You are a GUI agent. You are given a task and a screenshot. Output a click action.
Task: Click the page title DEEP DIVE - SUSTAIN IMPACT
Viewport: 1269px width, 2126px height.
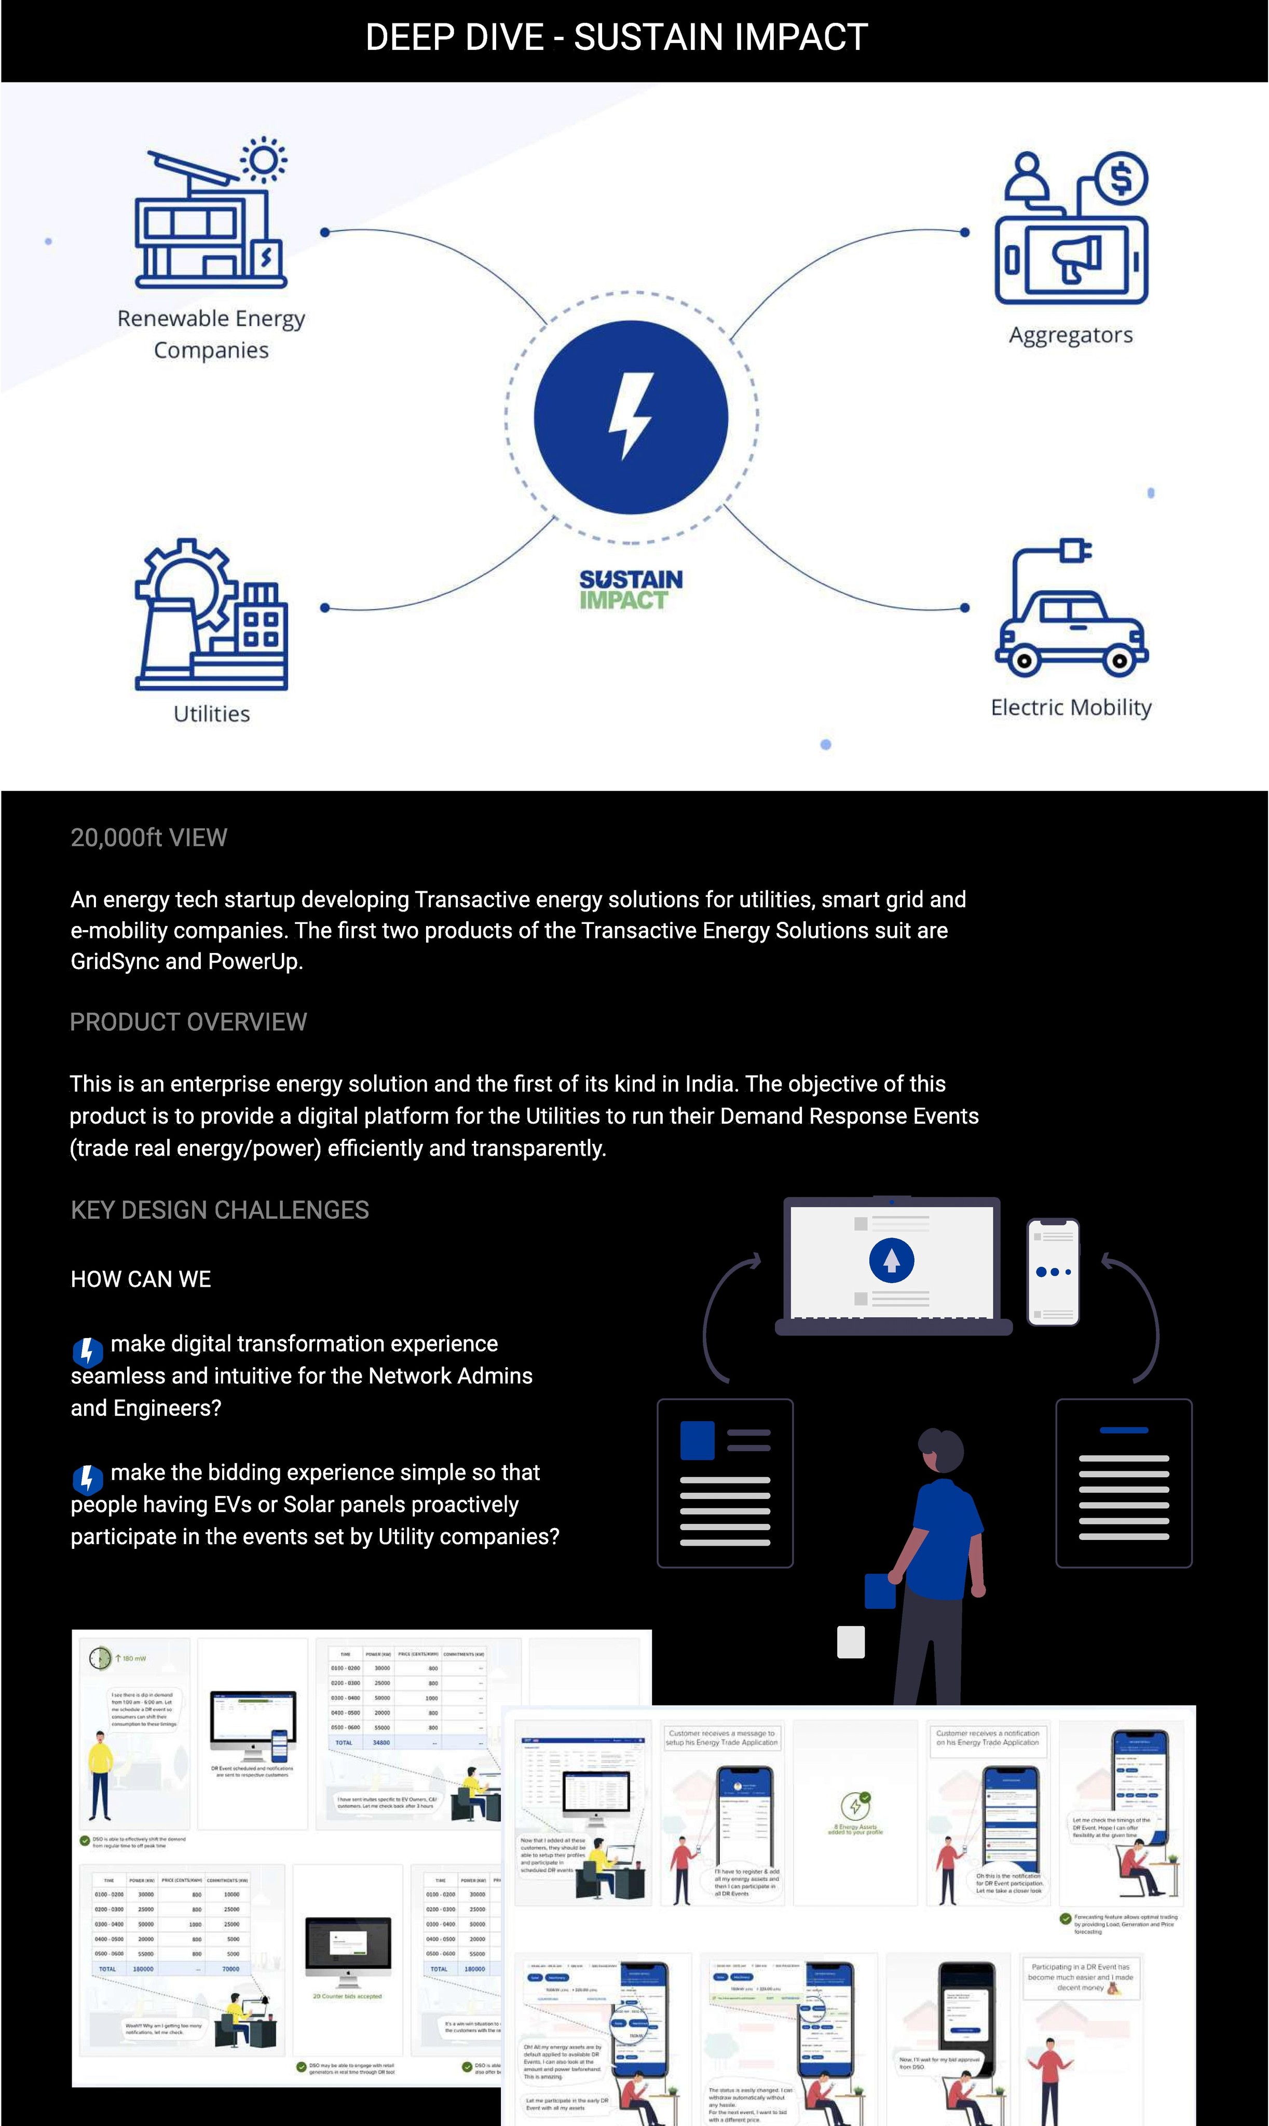point(617,37)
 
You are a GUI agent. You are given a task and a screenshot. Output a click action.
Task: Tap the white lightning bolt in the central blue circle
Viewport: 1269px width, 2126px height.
point(631,416)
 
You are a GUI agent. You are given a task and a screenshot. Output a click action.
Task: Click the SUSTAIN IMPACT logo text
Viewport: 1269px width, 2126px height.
point(631,590)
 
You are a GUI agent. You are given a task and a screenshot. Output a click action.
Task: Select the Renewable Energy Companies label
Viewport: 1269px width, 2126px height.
point(211,334)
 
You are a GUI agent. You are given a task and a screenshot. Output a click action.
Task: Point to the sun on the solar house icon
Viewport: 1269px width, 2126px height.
point(263,160)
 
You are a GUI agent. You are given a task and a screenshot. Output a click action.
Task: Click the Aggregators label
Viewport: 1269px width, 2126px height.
point(1071,335)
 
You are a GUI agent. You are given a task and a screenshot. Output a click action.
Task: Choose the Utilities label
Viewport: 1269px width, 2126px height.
point(211,714)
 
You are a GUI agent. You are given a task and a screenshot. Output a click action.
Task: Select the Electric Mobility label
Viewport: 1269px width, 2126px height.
point(1071,707)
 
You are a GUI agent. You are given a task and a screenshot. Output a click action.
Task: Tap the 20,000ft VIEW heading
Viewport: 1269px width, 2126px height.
point(149,837)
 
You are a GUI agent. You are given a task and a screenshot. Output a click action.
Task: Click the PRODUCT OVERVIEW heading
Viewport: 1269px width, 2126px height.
point(188,1022)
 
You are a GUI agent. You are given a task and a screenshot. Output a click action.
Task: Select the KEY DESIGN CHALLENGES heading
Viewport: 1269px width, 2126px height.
point(220,1210)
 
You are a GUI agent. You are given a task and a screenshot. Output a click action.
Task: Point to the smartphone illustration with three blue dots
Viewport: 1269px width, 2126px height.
point(1053,1272)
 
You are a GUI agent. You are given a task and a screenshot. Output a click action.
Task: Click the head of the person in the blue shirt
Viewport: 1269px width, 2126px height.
point(943,1450)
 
